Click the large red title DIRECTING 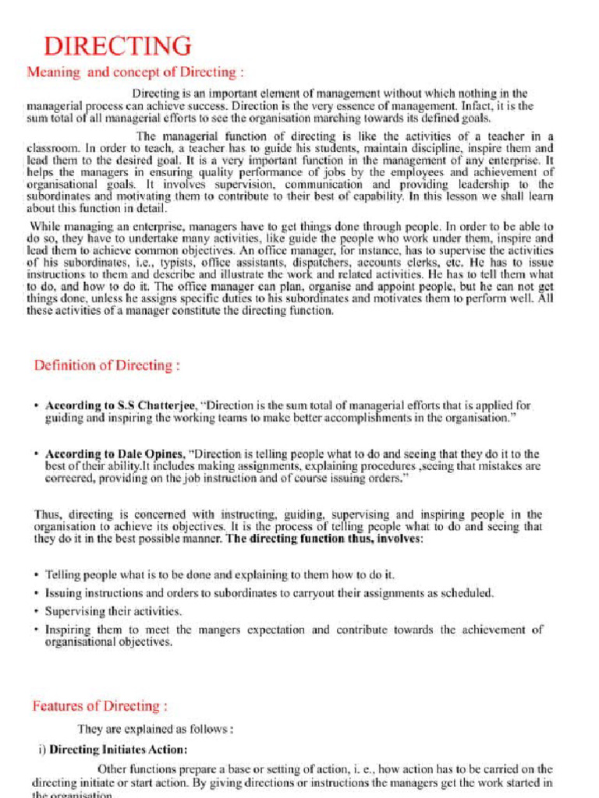[x=117, y=46]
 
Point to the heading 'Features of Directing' [x=100, y=706]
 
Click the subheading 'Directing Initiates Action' [x=118, y=750]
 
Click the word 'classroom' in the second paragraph [x=52, y=147]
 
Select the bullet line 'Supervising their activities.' [x=113, y=611]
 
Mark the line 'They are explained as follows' [x=155, y=730]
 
